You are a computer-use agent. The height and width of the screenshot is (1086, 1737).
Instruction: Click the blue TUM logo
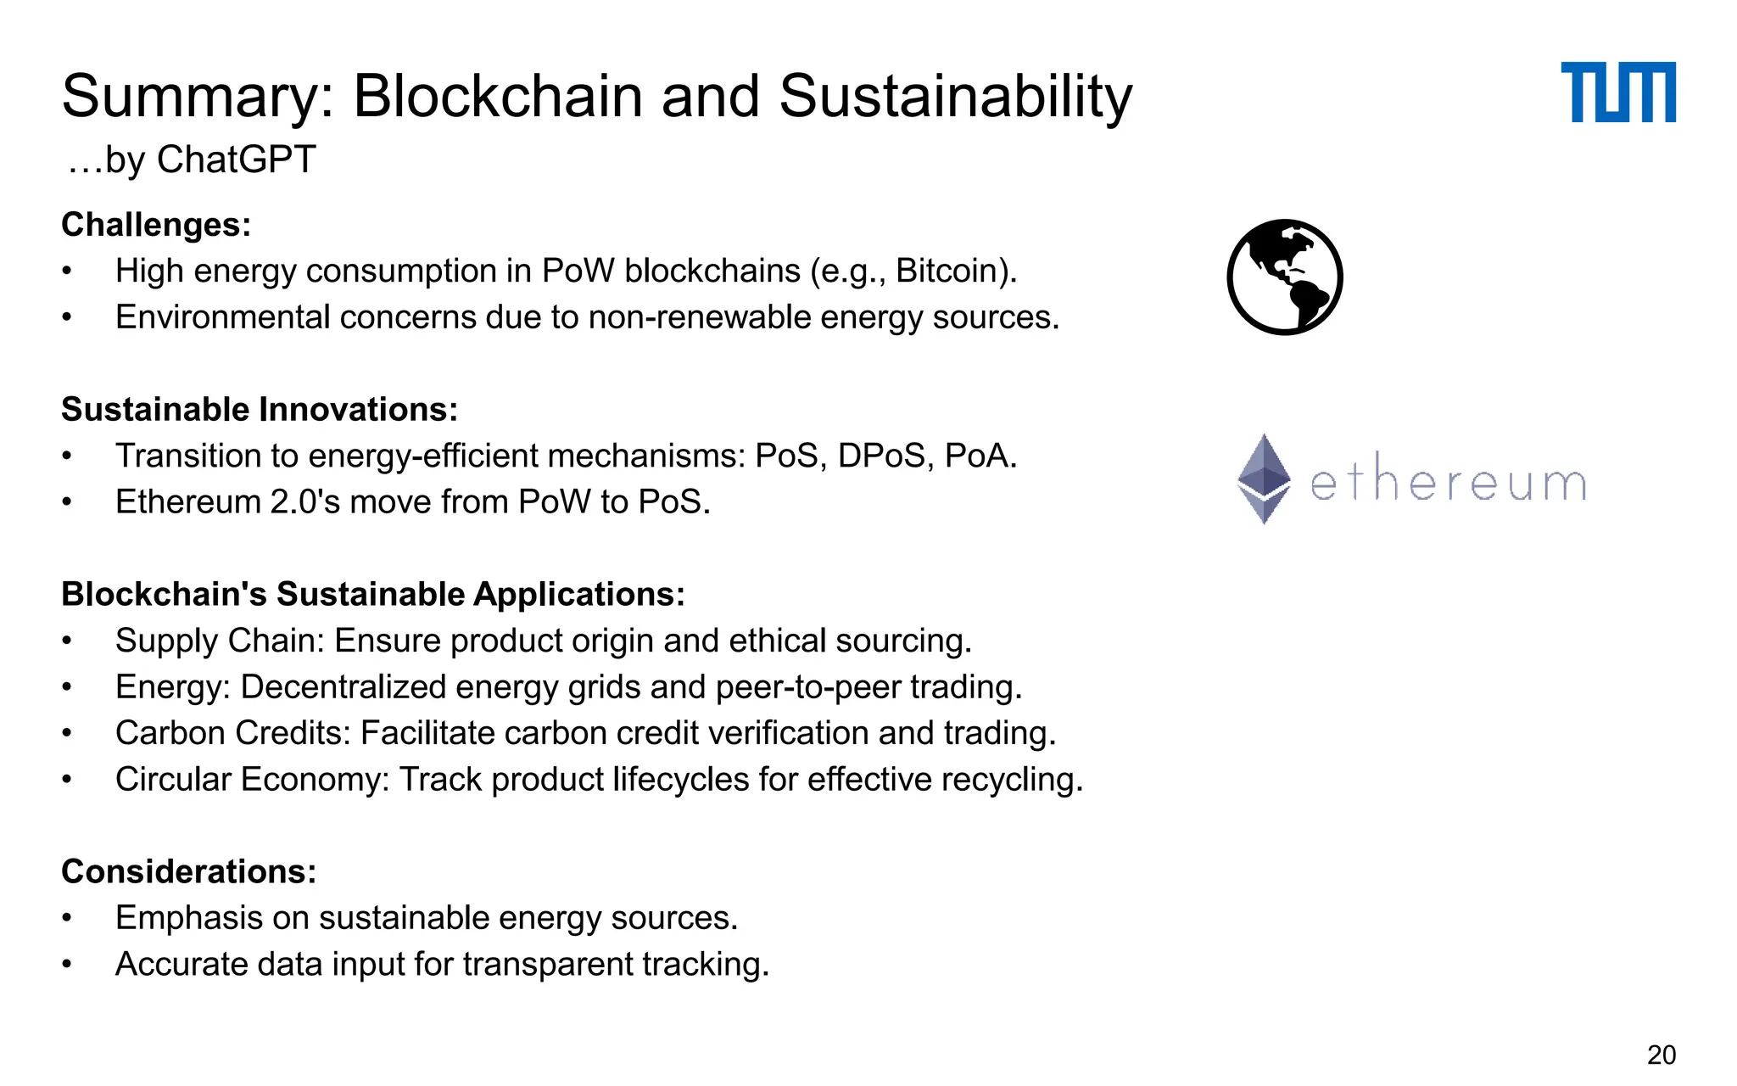click(1617, 92)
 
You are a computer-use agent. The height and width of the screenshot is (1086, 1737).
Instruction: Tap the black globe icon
click(1284, 277)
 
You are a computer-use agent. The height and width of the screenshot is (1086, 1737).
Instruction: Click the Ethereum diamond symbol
click(1264, 479)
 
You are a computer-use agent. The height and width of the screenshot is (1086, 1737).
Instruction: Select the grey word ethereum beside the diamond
click(1448, 484)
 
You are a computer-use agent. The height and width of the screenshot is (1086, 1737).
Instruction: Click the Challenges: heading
click(156, 225)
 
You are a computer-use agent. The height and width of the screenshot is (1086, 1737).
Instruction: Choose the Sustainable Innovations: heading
click(260, 410)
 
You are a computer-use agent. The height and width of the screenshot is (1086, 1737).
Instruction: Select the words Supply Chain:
click(220, 641)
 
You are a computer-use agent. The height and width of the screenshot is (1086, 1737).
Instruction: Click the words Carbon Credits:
click(232, 734)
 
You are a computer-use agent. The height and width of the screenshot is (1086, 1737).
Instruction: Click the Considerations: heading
click(188, 872)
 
